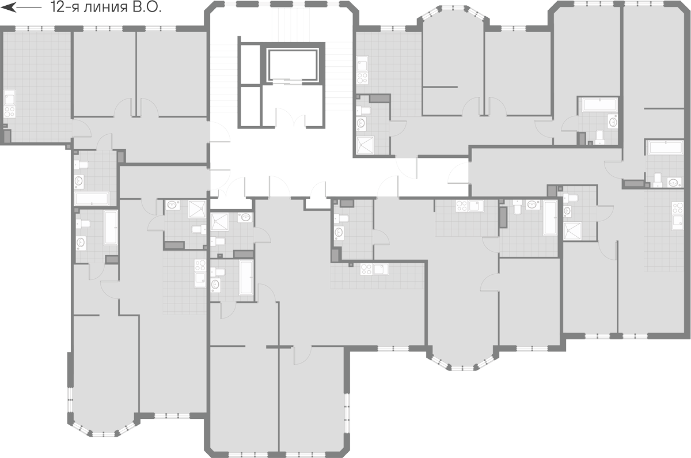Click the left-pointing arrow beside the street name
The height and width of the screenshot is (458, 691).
(x=21, y=7)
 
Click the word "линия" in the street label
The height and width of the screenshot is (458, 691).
(x=105, y=7)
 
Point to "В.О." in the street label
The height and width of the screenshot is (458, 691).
(x=147, y=7)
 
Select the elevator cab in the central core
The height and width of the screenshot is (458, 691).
(x=292, y=65)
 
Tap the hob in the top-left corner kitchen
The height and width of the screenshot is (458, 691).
(x=10, y=112)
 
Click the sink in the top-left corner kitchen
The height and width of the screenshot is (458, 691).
(x=10, y=97)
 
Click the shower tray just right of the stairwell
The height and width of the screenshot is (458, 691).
(x=365, y=145)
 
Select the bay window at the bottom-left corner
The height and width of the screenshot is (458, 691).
(x=102, y=425)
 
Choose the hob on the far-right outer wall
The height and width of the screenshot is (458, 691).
(x=678, y=208)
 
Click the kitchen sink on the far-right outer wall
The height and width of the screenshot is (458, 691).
(x=678, y=222)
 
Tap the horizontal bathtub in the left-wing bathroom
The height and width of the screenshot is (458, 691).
(x=92, y=198)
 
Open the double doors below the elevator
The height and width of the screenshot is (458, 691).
(x=290, y=118)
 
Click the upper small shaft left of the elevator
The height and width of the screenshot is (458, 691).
(x=250, y=64)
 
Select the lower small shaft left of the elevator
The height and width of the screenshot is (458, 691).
(x=250, y=106)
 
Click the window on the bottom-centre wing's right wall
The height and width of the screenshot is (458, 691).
(x=347, y=413)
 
